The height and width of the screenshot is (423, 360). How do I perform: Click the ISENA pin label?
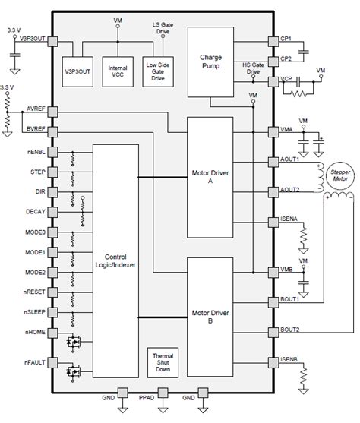tap(292, 220)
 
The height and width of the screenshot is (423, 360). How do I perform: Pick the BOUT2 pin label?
tap(292, 329)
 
